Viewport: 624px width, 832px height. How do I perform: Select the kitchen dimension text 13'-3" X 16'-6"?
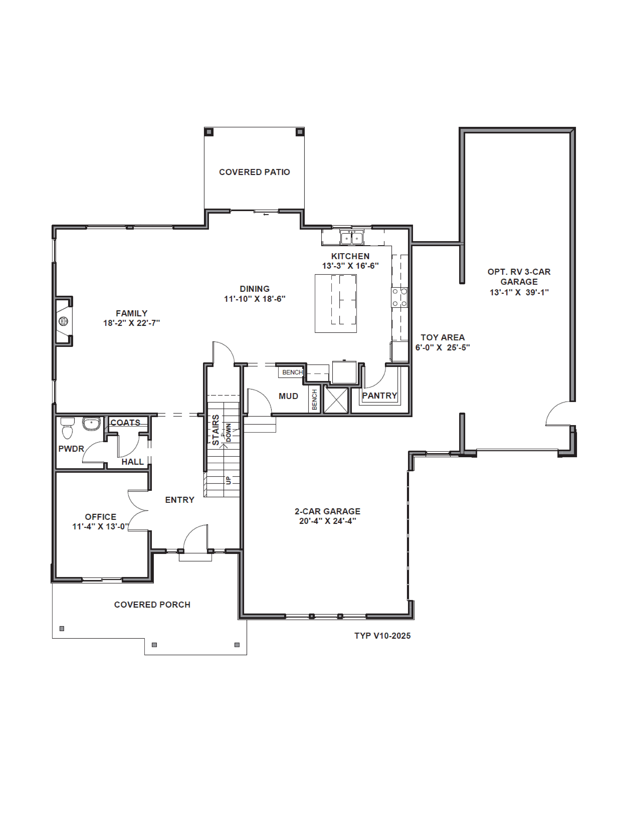coord(350,266)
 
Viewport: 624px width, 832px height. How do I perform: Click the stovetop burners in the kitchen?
coord(399,297)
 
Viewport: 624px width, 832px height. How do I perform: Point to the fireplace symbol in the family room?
coord(63,321)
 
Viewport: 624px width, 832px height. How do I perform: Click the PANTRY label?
coord(379,396)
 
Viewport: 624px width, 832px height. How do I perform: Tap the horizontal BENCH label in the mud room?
coord(292,372)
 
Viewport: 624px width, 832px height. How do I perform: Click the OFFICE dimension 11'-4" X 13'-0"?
coord(100,527)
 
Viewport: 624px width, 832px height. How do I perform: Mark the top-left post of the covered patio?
coord(209,132)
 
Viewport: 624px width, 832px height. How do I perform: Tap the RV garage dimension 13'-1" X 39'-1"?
coord(519,292)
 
